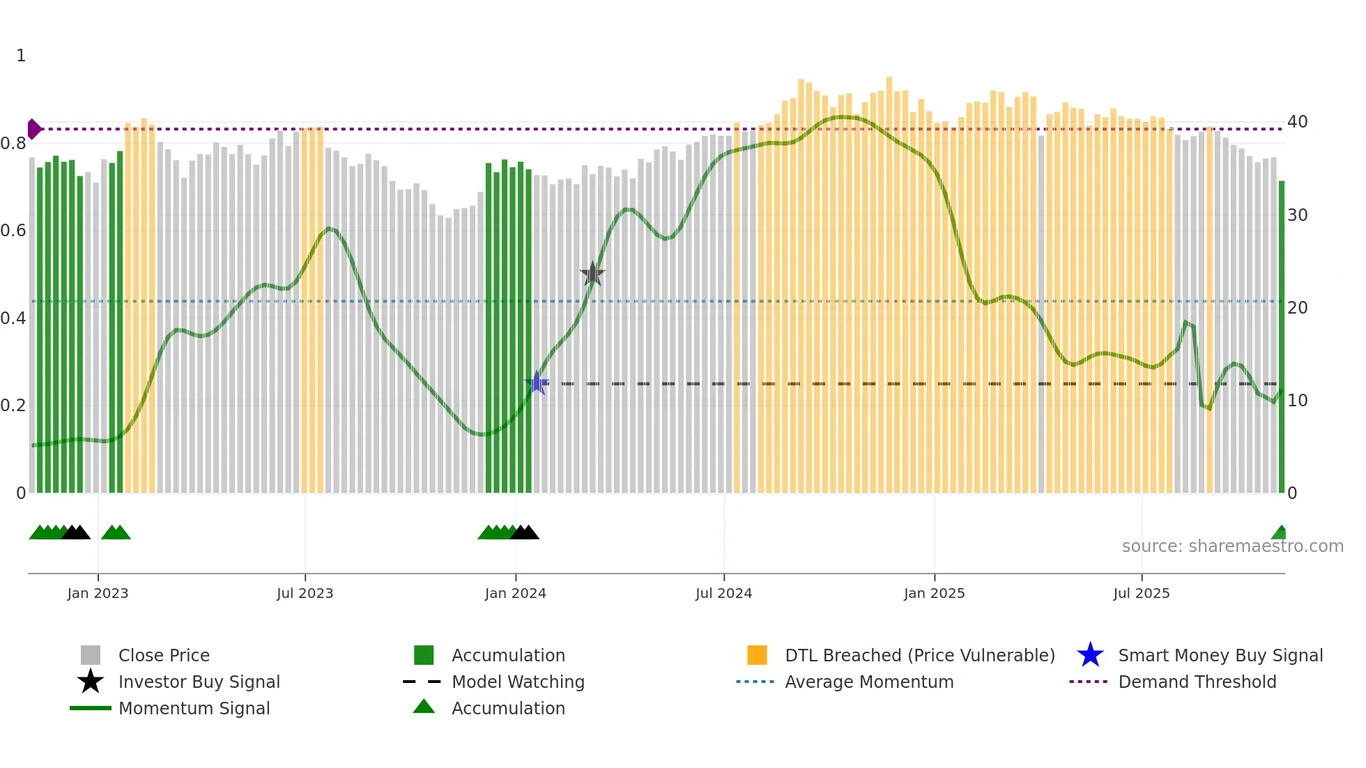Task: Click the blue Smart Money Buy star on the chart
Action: coord(537,383)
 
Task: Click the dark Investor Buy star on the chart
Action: coord(592,274)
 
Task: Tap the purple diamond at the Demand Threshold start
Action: coord(33,129)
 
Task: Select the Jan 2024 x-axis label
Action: coord(515,593)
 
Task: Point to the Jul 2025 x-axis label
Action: coord(1141,593)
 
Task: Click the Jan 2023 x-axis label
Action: coord(98,593)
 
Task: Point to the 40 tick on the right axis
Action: coord(1297,122)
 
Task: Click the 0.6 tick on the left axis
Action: coord(13,231)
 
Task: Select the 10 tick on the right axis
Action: coord(1297,401)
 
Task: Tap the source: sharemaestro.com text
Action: coord(1232,546)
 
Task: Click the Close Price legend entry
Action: coord(164,655)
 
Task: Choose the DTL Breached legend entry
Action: coord(919,655)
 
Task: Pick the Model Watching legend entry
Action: coord(518,682)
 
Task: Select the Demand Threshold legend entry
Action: coord(1197,682)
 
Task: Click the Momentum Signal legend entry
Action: coord(194,708)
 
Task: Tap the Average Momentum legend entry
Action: coord(868,682)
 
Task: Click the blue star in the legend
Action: coord(1090,655)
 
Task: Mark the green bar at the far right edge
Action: coord(1281,335)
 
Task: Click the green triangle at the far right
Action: coord(1280,533)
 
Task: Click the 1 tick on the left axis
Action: coord(21,56)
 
